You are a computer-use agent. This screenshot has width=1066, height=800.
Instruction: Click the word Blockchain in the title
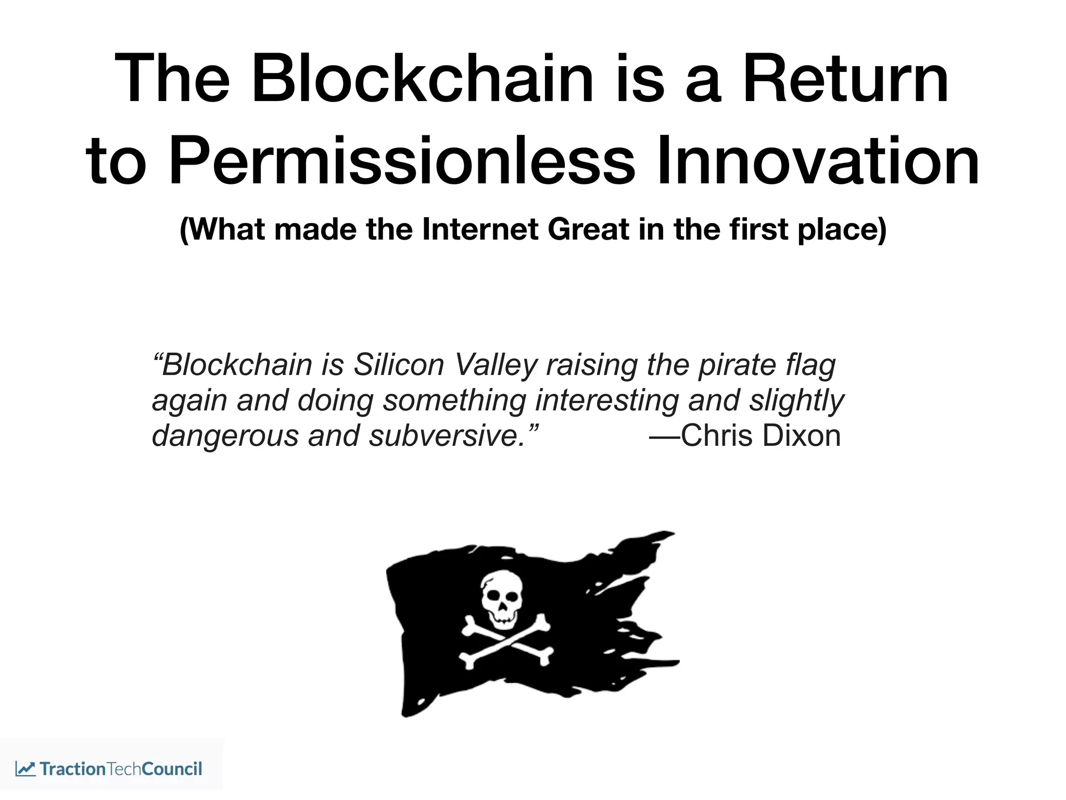click(422, 79)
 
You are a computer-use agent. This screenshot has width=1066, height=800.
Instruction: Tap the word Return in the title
click(845, 79)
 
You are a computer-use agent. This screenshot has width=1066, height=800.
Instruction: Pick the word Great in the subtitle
click(588, 229)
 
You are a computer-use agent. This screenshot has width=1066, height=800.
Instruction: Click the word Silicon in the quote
click(399, 365)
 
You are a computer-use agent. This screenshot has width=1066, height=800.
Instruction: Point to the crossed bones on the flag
click(505, 642)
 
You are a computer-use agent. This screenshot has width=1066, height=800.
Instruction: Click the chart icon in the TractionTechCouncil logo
click(25, 769)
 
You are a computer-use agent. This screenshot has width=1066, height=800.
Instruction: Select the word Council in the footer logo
click(171, 769)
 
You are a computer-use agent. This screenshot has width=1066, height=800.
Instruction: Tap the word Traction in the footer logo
click(73, 769)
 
